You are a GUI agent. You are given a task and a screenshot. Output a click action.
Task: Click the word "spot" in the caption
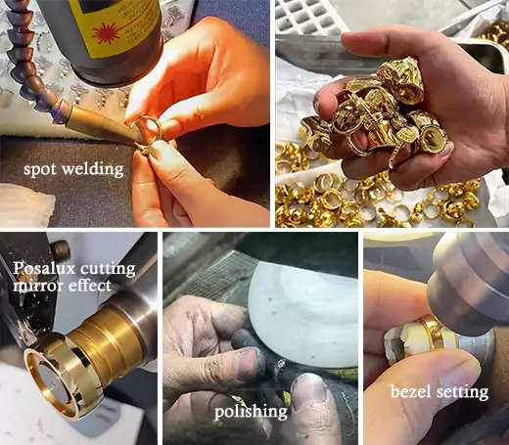40,170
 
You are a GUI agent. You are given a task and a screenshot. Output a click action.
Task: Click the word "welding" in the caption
93,169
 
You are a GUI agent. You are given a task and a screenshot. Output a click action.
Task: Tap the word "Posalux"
44,268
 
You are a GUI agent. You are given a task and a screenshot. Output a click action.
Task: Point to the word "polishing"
251,412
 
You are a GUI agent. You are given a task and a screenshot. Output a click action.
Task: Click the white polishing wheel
302,314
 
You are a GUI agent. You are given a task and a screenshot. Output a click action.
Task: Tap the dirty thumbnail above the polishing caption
308,387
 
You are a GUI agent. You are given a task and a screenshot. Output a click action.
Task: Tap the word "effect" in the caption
88,286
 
